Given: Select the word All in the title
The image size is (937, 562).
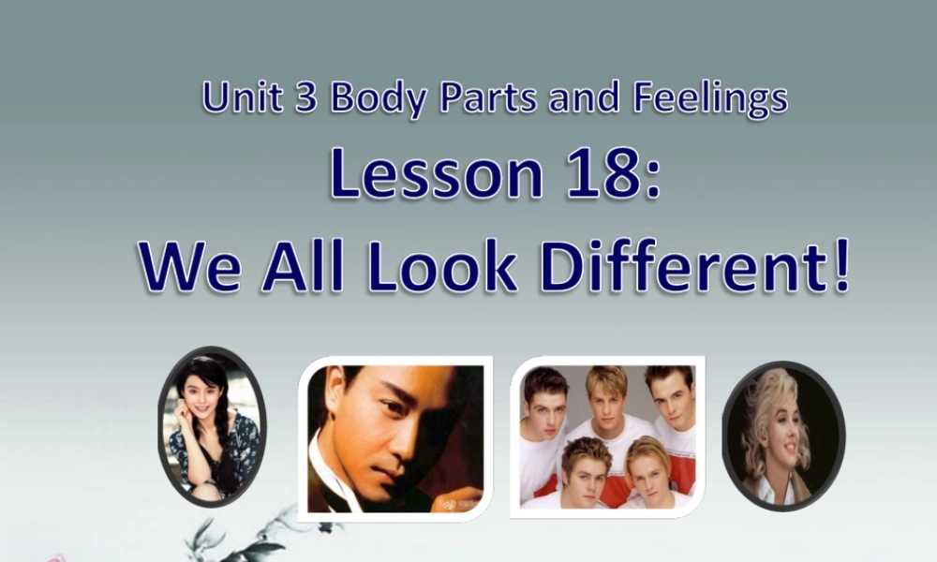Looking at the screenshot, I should click(302, 266).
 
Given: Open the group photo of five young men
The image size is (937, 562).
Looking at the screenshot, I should click(607, 436).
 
